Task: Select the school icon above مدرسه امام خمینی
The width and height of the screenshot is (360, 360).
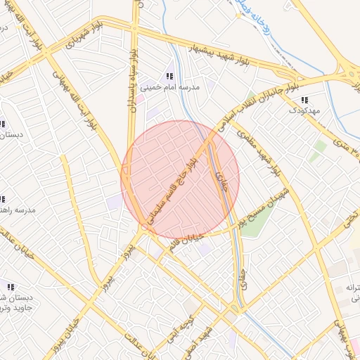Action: [169, 76]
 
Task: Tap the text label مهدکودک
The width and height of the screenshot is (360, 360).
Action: [304, 111]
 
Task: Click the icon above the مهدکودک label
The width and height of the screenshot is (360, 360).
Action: [304, 101]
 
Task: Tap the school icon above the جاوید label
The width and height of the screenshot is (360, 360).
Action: [10, 287]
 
